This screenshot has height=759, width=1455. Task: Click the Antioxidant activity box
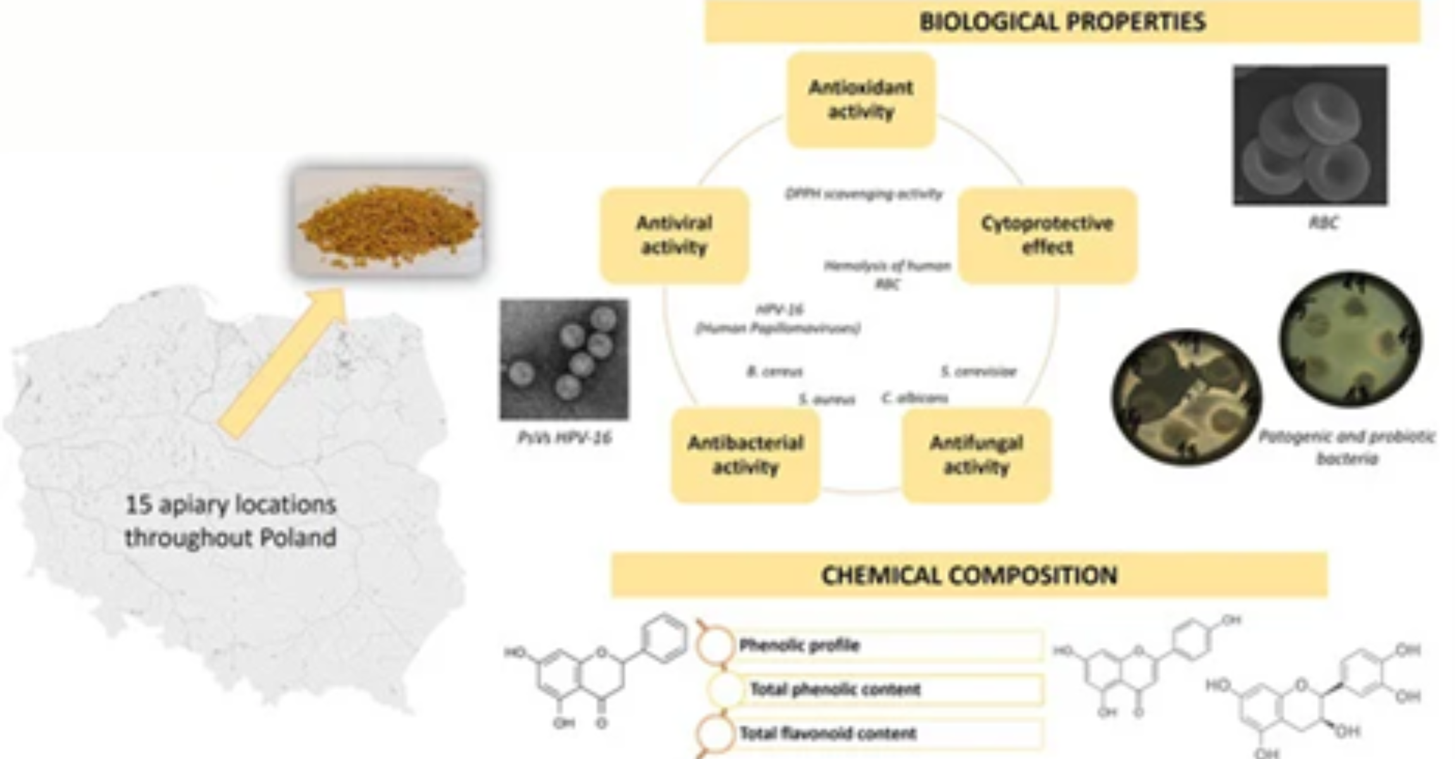click(860, 100)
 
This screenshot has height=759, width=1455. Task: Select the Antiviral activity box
click(674, 235)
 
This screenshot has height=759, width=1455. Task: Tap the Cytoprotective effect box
click(1047, 235)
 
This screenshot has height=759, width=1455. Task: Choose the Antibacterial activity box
click(745, 455)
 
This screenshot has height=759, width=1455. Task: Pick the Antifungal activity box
click(976, 455)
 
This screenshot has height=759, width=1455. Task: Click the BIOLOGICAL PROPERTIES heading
click(1062, 22)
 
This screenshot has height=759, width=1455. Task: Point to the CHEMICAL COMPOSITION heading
click(969, 575)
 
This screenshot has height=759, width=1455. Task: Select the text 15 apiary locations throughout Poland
click(230, 521)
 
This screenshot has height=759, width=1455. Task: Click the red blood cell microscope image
click(1310, 135)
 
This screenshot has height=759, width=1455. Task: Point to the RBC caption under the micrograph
click(1323, 223)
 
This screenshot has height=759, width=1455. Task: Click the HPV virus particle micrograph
click(564, 359)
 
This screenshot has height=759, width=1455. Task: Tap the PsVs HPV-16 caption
click(564, 438)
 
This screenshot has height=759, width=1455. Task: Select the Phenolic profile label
click(799, 645)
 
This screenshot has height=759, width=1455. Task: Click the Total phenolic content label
click(835, 689)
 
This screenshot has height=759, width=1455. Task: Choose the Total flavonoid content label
click(827, 733)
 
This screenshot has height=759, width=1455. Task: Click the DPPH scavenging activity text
click(864, 194)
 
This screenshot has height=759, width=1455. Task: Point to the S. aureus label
click(826, 399)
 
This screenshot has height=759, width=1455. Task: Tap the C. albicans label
click(915, 398)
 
